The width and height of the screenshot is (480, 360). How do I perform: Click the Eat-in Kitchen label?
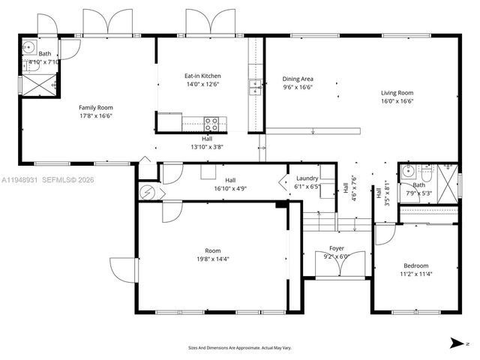click(x=202, y=76)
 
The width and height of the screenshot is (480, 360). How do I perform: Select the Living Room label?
click(x=397, y=92)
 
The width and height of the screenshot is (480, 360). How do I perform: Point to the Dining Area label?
click(x=298, y=79)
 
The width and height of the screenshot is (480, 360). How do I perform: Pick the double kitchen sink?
click(x=255, y=87)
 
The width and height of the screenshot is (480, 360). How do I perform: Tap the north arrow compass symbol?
click(x=456, y=343)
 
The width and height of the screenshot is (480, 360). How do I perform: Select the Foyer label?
click(x=337, y=248)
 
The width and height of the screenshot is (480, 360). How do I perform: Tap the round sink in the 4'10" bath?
click(x=29, y=48)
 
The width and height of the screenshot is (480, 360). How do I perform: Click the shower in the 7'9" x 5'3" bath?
click(x=448, y=180)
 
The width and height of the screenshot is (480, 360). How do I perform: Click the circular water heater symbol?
click(x=147, y=193)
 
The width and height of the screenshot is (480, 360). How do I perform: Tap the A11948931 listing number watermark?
click(x=23, y=180)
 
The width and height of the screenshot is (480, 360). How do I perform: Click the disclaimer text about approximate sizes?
click(x=239, y=347)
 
